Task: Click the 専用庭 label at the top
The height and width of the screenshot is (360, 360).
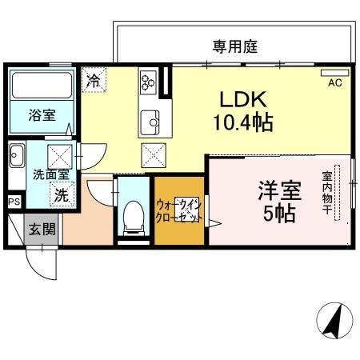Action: pos(234,46)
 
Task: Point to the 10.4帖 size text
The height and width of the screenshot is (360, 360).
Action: pos(242,123)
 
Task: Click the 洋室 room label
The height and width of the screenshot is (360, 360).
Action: pos(278,193)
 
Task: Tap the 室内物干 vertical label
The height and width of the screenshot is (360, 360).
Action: pos(328,191)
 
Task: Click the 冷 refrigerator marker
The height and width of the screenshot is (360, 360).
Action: pos(94,80)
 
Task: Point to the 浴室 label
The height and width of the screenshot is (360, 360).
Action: pos(42,115)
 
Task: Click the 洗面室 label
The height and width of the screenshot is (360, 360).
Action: pos(50,174)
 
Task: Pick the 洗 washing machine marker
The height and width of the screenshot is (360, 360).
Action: pos(61,194)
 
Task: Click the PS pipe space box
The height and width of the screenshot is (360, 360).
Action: pos(14,202)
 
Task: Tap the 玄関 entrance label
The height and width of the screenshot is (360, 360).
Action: pos(42,230)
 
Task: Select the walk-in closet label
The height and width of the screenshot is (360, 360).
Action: pos(178,210)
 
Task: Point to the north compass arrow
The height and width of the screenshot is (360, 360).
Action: pos(334,322)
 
